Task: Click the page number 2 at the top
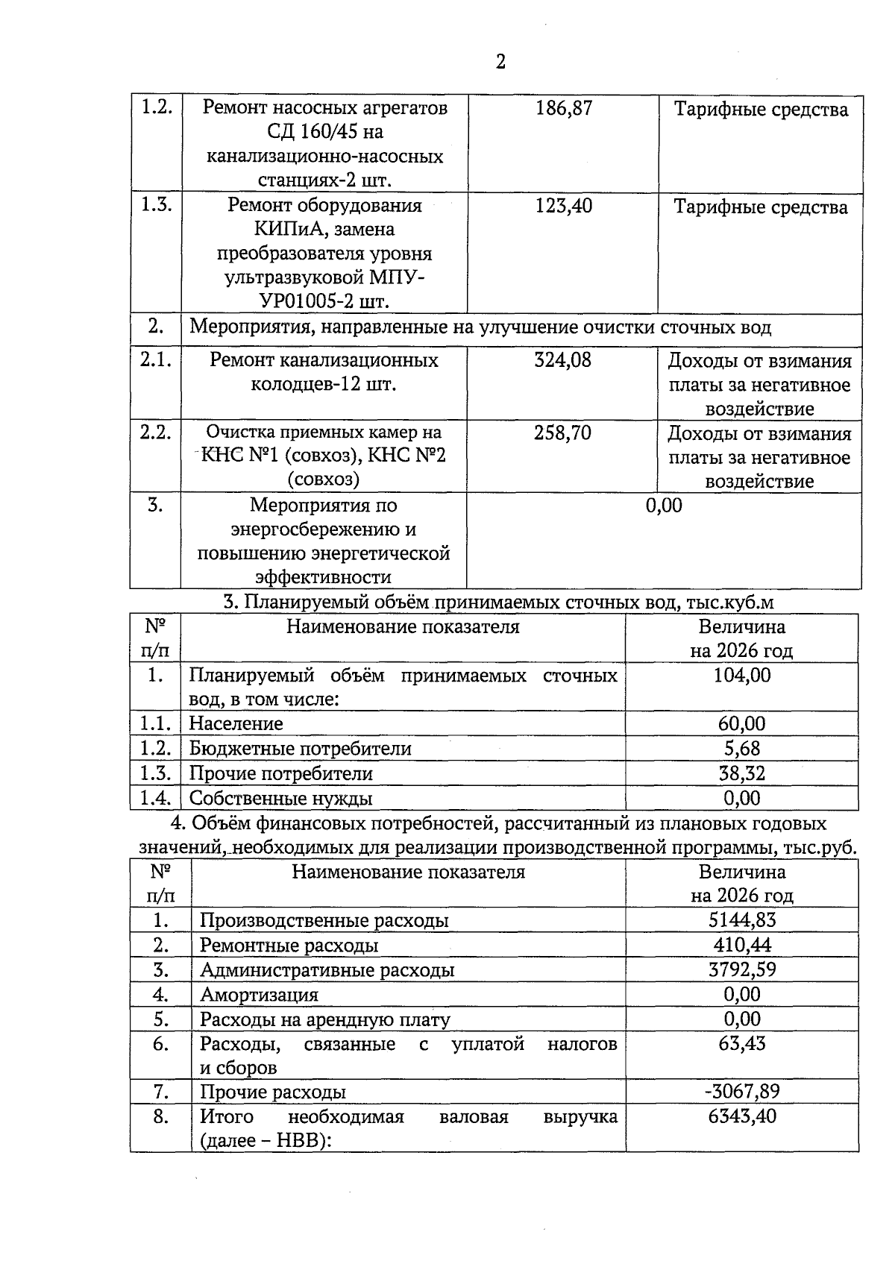coord(500,62)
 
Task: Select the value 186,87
coord(564,109)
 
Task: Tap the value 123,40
coord(564,206)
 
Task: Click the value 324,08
coord(563,361)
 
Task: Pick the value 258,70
coord(563,433)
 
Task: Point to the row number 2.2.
coord(155,433)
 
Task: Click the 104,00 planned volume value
coord(742,676)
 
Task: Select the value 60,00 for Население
coord(742,724)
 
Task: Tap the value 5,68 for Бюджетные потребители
coord(742,749)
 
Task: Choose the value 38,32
coord(742,773)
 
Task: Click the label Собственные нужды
coord(280,799)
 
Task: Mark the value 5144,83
coord(742,920)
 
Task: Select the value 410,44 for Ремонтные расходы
coord(742,946)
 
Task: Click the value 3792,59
coord(742,970)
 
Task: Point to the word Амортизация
coord(259,995)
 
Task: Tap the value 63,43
coord(742,1043)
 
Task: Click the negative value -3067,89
coord(742,1092)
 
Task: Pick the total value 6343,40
coord(742,1117)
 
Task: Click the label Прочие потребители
coord(280,774)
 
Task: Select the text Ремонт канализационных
coord(324,361)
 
